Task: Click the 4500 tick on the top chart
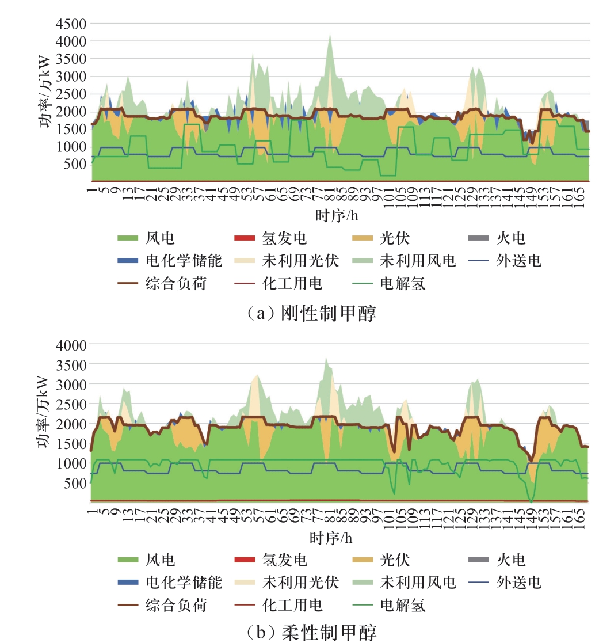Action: (x=70, y=24)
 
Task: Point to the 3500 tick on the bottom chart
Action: (x=70, y=364)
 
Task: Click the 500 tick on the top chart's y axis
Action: (x=74, y=164)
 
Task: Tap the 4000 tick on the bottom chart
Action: (x=70, y=345)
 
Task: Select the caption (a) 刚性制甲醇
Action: (x=311, y=313)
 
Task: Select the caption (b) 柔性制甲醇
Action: (x=311, y=633)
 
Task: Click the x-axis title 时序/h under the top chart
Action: (x=339, y=216)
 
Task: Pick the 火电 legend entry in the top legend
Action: (x=511, y=238)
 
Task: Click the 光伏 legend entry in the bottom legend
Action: (x=395, y=560)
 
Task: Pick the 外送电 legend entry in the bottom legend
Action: (x=518, y=582)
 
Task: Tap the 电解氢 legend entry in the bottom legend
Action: (x=402, y=604)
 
